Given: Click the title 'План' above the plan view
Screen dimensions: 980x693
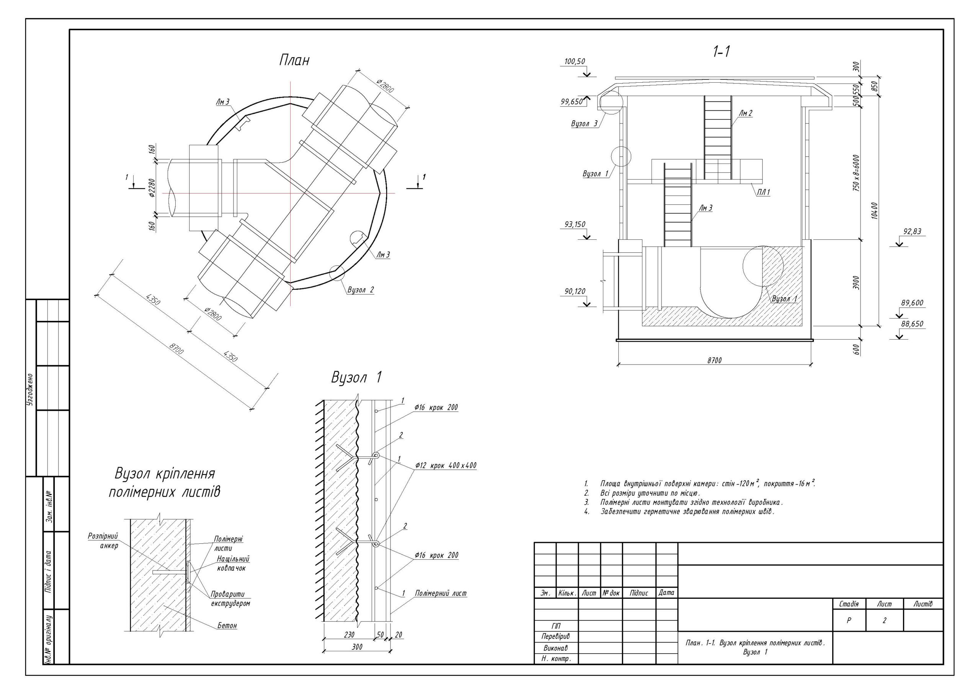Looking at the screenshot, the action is click(294, 60).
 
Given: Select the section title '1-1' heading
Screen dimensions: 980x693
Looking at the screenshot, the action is click(721, 52).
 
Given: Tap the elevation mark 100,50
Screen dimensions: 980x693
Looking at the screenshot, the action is click(575, 62).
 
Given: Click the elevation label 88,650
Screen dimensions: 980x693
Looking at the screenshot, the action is click(912, 324).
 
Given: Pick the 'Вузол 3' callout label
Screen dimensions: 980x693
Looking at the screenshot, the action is click(584, 124).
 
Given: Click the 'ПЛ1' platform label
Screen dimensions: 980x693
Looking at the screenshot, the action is click(763, 193).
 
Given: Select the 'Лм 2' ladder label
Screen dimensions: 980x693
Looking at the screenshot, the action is click(745, 114).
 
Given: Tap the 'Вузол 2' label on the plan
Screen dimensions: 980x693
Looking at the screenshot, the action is click(361, 290).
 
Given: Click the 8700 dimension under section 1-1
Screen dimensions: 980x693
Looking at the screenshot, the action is click(714, 360).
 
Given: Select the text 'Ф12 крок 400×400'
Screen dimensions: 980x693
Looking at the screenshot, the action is click(446, 466).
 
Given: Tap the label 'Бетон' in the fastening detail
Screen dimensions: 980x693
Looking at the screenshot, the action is click(227, 626).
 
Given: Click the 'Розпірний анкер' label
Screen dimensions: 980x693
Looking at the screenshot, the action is click(103, 541).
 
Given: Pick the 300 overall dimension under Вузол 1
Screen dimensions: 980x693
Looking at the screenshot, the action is click(357, 647).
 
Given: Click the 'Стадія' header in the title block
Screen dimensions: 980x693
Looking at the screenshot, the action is click(849, 604).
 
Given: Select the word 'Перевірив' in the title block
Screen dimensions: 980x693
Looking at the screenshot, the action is click(556, 636).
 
